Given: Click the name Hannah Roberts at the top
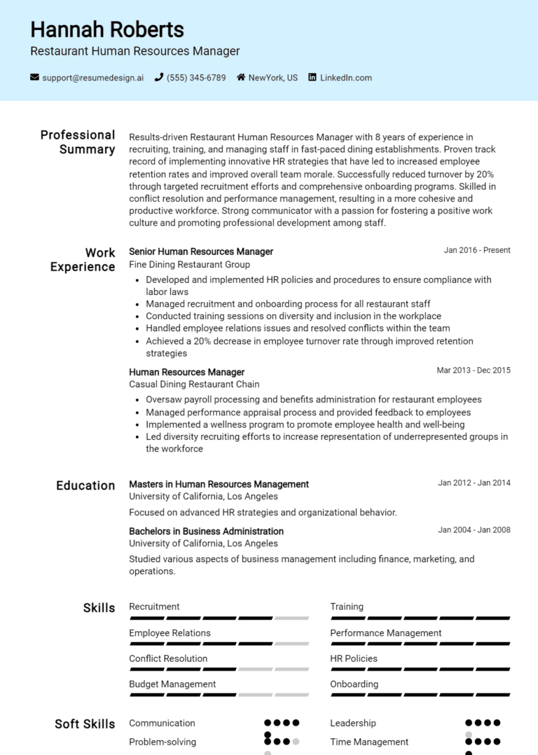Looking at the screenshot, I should click(x=107, y=29).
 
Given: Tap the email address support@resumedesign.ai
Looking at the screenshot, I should click(x=92, y=78).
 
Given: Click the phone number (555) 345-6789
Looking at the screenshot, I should click(x=196, y=78).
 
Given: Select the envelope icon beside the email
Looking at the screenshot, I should click(x=35, y=78).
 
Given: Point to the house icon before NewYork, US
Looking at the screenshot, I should click(x=241, y=78).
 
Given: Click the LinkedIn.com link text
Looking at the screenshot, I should click(x=346, y=78).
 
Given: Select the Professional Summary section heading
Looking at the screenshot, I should click(x=78, y=142).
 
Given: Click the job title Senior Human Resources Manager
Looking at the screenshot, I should click(x=201, y=251).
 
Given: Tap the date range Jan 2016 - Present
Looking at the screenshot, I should click(x=477, y=250).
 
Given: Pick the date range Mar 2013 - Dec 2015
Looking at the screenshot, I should click(x=474, y=370).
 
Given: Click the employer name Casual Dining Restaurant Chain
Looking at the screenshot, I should click(x=194, y=385).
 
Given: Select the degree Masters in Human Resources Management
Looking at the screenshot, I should click(x=219, y=484).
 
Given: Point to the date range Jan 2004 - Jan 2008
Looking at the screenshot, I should click(x=474, y=530).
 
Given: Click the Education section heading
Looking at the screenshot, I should click(x=85, y=485).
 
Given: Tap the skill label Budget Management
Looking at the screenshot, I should click(x=172, y=684).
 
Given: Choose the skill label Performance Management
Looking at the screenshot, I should click(x=385, y=633).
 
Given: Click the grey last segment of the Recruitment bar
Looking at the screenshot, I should click(x=291, y=618).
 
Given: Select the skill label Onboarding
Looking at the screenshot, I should click(x=354, y=684).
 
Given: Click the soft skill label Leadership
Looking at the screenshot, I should click(x=353, y=723).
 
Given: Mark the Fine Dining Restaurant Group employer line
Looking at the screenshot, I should click(x=189, y=265).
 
